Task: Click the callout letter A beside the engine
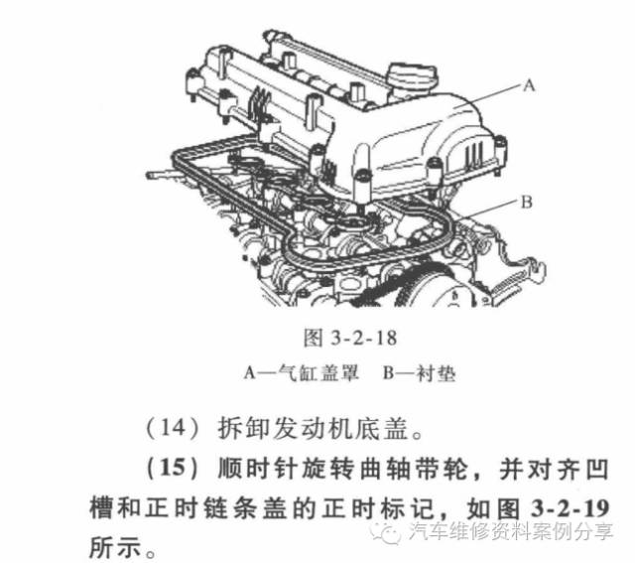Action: tap(529, 86)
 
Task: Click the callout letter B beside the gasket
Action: tap(526, 202)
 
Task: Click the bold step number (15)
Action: tap(169, 468)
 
